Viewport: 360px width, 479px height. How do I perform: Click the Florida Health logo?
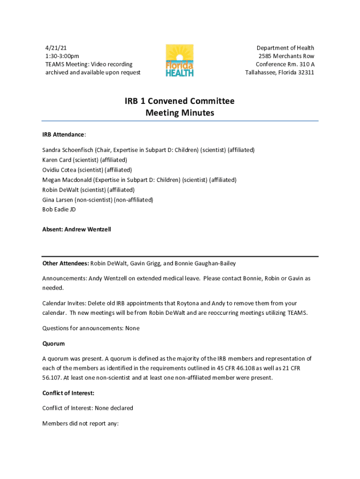pyautogui.click(x=180, y=60)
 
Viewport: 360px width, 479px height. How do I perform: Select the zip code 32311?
pyautogui.click(x=305, y=73)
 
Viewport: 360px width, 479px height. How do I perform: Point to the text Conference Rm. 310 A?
pyautogui.click(x=285, y=64)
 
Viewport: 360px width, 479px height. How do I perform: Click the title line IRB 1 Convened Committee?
pyautogui.click(x=180, y=101)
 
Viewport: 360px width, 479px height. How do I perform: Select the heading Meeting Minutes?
pyautogui.click(x=180, y=113)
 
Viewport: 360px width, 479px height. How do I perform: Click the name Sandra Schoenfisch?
pyautogui.click(x=68, y=150)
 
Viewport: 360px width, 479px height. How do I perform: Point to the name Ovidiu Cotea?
pyautogui.click(x=59, y=170)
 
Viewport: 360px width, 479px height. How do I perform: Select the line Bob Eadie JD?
pyautogui.click(x=59, y=210)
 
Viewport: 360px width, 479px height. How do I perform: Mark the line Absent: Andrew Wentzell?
pyautogui.click(x=77, y=230)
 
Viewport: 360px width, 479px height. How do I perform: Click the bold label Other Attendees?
pyautogui.click(x=65, y=263)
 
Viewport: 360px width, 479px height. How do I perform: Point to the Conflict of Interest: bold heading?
pyautogui.click(x=69, y=393)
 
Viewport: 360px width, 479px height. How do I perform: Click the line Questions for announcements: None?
pyautogui.click(x=91, y=328)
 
